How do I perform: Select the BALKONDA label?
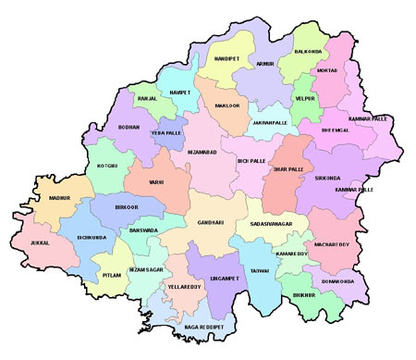pos(309,53)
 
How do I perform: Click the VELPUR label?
pos(305,97)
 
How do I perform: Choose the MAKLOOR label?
pos(214,106)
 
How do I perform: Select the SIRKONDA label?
pos(328,177)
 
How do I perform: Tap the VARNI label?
pos(156,182)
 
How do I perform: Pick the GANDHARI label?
pos(211,223)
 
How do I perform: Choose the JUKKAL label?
pos(40,243)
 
